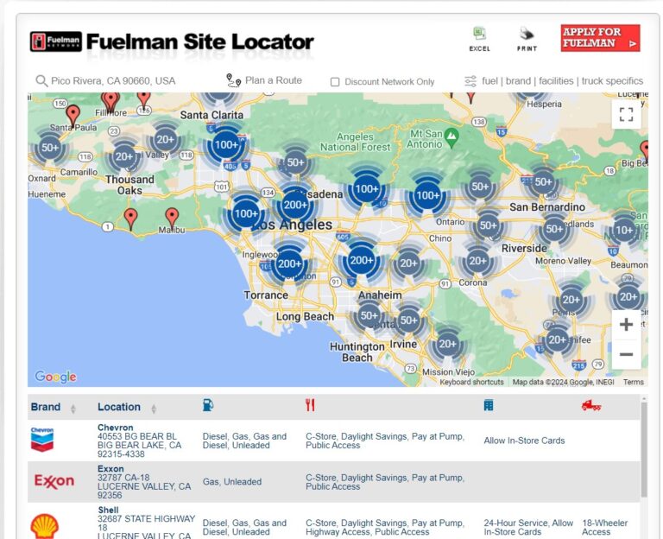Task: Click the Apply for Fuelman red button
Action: coord(600,38)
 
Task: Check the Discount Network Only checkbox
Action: coord(335,82)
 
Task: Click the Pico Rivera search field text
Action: coord(113,81)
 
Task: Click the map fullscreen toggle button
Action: coord(626,115)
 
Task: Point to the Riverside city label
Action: coord(524,248)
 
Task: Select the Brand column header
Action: coord(46,407)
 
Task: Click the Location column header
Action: coord(119,407)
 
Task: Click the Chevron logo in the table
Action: coord(43,439)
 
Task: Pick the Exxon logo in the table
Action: coord(54,481)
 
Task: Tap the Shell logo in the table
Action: coord(45,525)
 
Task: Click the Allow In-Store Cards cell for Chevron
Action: coord(524,441)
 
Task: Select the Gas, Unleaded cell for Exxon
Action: coord(231,482)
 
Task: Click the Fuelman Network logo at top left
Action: coord(55,41)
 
